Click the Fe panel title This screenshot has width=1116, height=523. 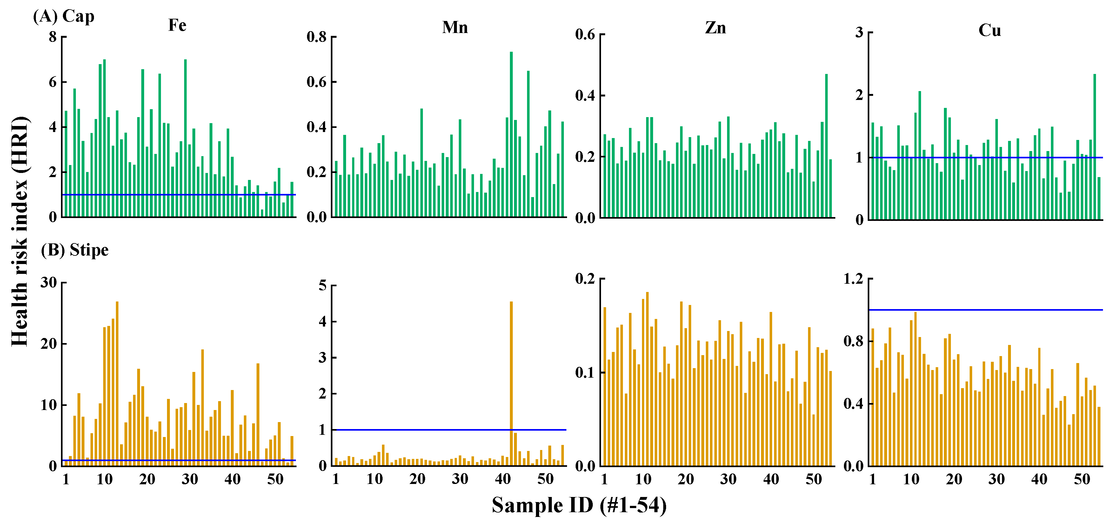177,25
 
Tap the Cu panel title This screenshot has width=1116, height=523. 990,30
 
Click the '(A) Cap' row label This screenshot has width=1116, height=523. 64,17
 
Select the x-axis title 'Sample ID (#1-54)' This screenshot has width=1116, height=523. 579,505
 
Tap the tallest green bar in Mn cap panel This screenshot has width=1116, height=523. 511,134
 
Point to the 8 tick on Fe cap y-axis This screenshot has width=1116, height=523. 53,37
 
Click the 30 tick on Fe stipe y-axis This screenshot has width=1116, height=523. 49,283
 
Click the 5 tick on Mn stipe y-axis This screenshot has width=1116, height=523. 322,286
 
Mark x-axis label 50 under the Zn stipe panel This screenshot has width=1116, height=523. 814,479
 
